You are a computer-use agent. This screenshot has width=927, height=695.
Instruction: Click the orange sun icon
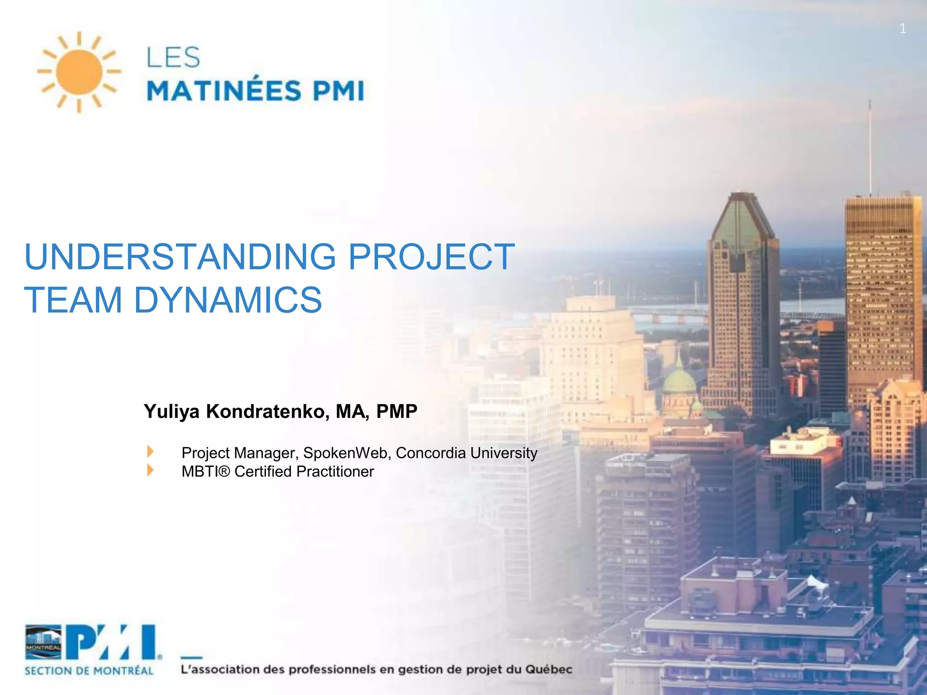pos(79,72)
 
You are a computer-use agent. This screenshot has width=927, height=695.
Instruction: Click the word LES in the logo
pos(173,57)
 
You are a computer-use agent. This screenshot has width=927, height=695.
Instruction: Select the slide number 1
pos(903,29)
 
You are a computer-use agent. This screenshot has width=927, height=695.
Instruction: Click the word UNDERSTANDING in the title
pos(180,257)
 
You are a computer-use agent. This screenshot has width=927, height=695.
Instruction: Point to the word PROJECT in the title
pos(431,257)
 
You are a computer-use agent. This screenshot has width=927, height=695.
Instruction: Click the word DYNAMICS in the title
pos(228,300)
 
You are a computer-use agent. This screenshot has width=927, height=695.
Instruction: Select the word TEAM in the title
pos(73,300)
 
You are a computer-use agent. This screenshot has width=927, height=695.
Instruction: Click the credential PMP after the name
pos(397,411)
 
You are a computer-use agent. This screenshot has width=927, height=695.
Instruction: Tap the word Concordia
pos(430,453)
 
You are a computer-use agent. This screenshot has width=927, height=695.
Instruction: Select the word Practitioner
pos(335,471)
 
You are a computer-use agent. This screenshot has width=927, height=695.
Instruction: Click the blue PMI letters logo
pos(113,643)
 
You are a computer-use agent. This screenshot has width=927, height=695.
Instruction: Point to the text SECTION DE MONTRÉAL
pos(89,671)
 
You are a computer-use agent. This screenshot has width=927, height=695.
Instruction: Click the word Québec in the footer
pos(549,669)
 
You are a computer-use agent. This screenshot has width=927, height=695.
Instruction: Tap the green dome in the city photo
pos(679,382)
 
